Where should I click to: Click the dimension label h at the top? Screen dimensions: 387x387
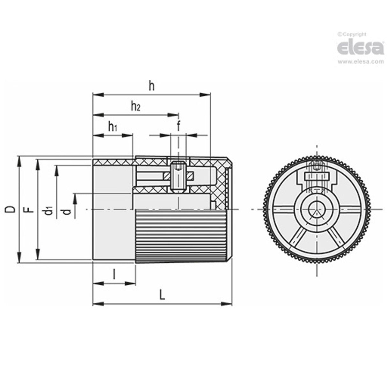[x=151, y=86]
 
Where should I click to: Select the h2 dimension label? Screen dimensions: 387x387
[x=135, y=106]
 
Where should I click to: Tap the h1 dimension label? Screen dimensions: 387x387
[x=112, y=127]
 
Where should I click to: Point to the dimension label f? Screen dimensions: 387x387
[x=178, y=127]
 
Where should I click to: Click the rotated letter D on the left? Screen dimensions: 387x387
[x=11, y=209]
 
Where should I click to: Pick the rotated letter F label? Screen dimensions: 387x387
[x=29, y=209]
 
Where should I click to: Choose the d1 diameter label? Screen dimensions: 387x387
[x=48, y=210]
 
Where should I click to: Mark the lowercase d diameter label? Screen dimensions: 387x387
[x=66, y=211]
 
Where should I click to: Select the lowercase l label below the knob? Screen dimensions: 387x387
[x=114, y=274]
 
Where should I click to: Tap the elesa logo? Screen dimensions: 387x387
[x=360, y=48]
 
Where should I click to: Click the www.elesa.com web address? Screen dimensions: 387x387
[x=361, y=62]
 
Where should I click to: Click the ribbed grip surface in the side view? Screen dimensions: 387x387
[x=182, y=236]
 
